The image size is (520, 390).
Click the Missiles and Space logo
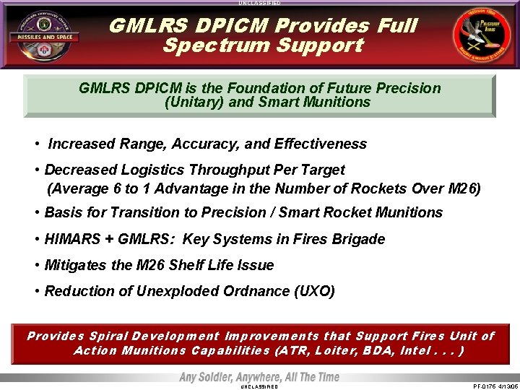point(44,35)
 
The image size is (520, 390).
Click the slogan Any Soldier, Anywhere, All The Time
point(259,377)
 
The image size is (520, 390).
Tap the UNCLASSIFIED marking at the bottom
point(259,386)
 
